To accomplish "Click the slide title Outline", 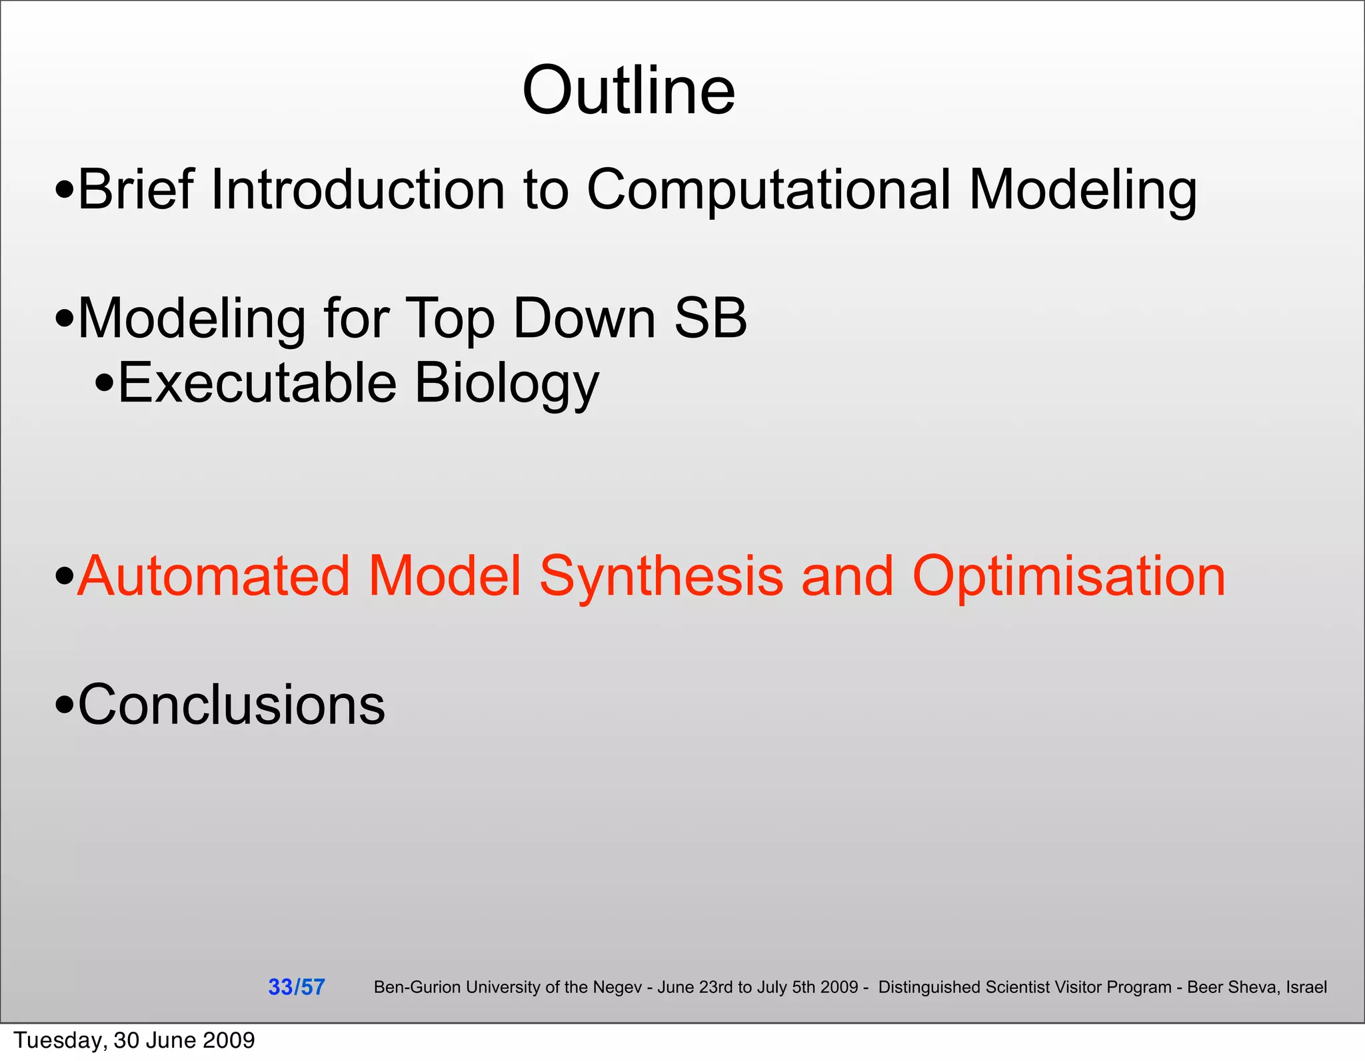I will click(629, 91).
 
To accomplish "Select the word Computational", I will click(768, 190).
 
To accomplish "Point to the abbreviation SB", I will click(710, 318).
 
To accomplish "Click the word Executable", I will click(257, 383).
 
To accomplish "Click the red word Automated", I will click(213, 575).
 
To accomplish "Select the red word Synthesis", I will click(661, 575).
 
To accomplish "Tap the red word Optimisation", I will click(1068, 575).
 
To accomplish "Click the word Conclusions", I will click(231, 705).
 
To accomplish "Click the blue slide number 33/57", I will click(296, 987).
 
